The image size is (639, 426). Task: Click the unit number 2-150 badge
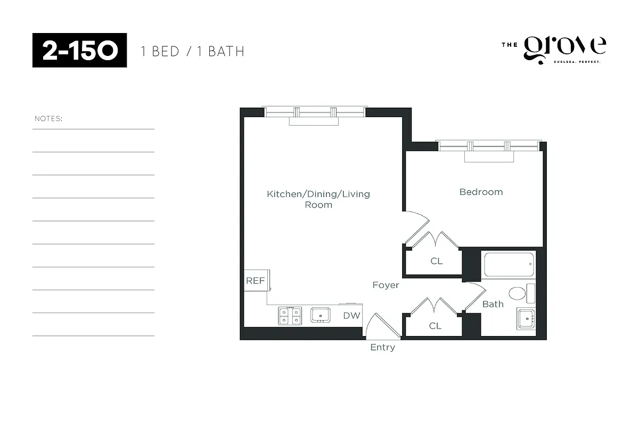pos(79,51)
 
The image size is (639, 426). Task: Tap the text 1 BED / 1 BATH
pos(192,52)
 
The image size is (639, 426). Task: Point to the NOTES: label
pos(48,118)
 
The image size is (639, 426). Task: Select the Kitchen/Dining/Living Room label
pos(318,199)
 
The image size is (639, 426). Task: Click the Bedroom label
pos(481,192)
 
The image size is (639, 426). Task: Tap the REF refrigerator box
pos(256,281)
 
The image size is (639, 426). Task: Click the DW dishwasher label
pos(351,315)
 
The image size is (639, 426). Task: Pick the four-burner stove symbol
pos(290,315)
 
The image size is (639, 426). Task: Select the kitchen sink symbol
pos(320,315)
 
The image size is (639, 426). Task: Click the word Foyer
pos(386,285)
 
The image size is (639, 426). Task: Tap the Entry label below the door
pos(382,348)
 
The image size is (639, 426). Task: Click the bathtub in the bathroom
pos(509,264)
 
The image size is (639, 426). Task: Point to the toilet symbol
pos(517,293)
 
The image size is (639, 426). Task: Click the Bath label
pos(493,304)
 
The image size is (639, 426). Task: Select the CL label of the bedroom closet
pos(436,261)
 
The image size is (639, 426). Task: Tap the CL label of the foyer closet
pos(435,326)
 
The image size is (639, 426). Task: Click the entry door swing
pos(379,326)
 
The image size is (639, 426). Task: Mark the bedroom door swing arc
pos(418,224)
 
